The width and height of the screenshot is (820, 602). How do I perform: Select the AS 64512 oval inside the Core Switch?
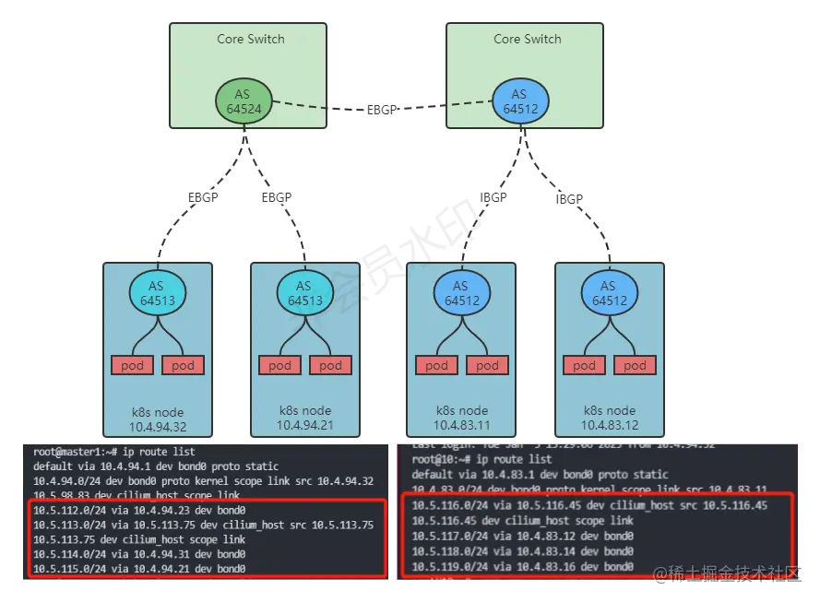coord(519,101)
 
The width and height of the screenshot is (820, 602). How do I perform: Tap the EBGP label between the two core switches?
coord(381,109)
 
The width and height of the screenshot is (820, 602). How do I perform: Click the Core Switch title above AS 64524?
coord(251,39)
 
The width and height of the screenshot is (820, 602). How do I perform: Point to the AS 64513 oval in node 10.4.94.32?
coord(156,293)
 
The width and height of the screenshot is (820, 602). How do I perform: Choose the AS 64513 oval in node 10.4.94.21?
coord(304,293)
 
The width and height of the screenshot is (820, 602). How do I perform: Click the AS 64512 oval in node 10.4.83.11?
coord(460,293)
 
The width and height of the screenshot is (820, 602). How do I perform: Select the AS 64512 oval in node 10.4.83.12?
coord(608,293)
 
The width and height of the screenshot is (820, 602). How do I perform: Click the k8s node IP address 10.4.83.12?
coord(609,425)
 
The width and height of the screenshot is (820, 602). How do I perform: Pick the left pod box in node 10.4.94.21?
coord(279,365)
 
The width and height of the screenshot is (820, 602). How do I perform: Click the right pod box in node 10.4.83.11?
coord(487,365)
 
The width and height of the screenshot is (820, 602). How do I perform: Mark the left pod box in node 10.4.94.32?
coord(132,365)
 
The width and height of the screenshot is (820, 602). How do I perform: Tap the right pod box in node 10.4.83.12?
coord(635,365)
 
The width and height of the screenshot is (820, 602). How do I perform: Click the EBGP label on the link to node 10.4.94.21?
coord(277,197)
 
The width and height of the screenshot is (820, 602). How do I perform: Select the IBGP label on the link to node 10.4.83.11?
coord(493,197)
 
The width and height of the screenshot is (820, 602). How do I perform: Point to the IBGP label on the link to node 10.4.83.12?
coord(569,199)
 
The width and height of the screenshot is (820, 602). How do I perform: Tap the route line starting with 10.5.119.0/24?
coord(522,565)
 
